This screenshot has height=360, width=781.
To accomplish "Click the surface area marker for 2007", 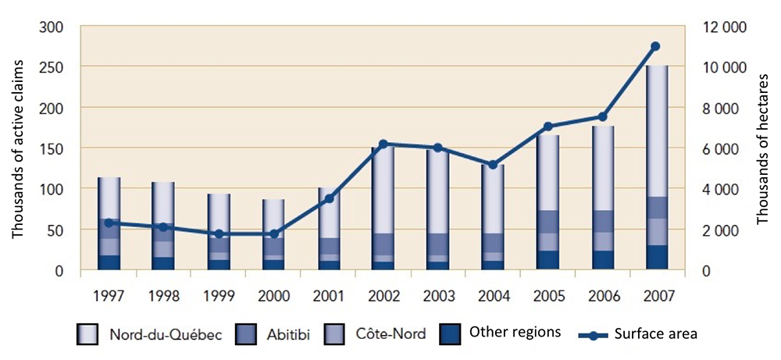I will click(x=655, y=46).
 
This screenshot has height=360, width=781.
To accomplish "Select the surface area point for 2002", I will click(x=383, y=144).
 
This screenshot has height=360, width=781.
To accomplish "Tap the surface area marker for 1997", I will click(x=109, y=223).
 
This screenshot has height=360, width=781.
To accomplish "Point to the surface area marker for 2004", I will click(x=491, y=165).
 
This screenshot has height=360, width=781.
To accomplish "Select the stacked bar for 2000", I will click(x=273, y=234).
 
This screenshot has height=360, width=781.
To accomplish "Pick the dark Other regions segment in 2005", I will click(x=546, y=260).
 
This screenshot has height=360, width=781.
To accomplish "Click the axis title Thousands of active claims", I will click(x=17, y=149).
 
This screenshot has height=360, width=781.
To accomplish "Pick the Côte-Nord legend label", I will click(x=392, y=334).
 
